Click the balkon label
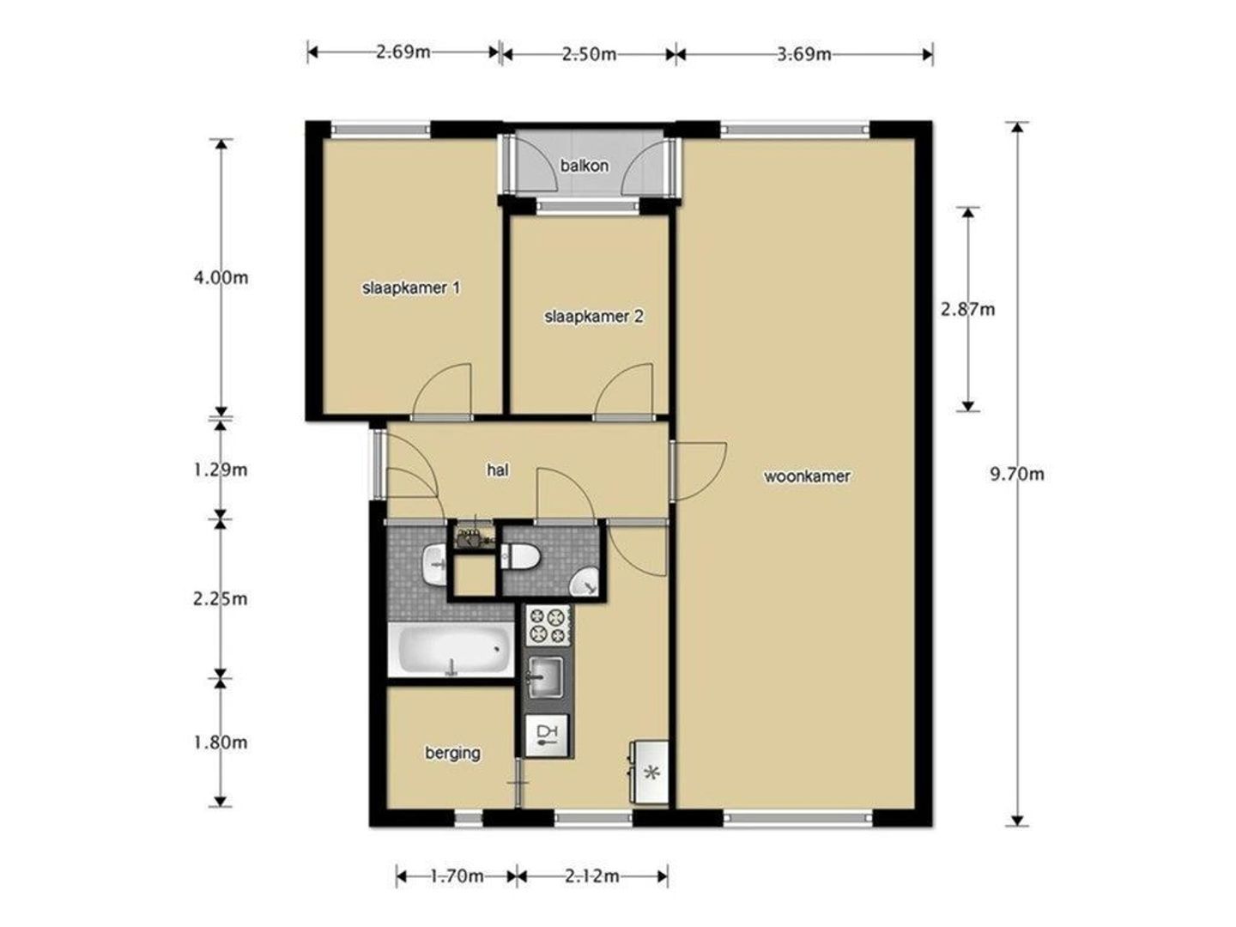584,166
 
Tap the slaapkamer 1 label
411,288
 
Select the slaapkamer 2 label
593,317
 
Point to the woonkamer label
806,476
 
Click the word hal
498,470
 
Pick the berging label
452,753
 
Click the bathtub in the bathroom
451,649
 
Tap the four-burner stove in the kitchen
547,626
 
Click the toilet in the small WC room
520,556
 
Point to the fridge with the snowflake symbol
649,772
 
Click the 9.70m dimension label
1017,475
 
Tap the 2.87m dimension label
968,309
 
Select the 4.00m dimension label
221,278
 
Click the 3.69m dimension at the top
804,55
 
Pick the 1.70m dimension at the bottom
457,875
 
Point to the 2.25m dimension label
221,599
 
